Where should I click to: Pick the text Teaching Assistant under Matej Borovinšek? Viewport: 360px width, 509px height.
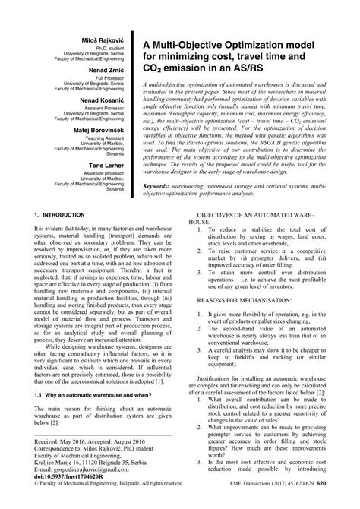click(x=109, y=138)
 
